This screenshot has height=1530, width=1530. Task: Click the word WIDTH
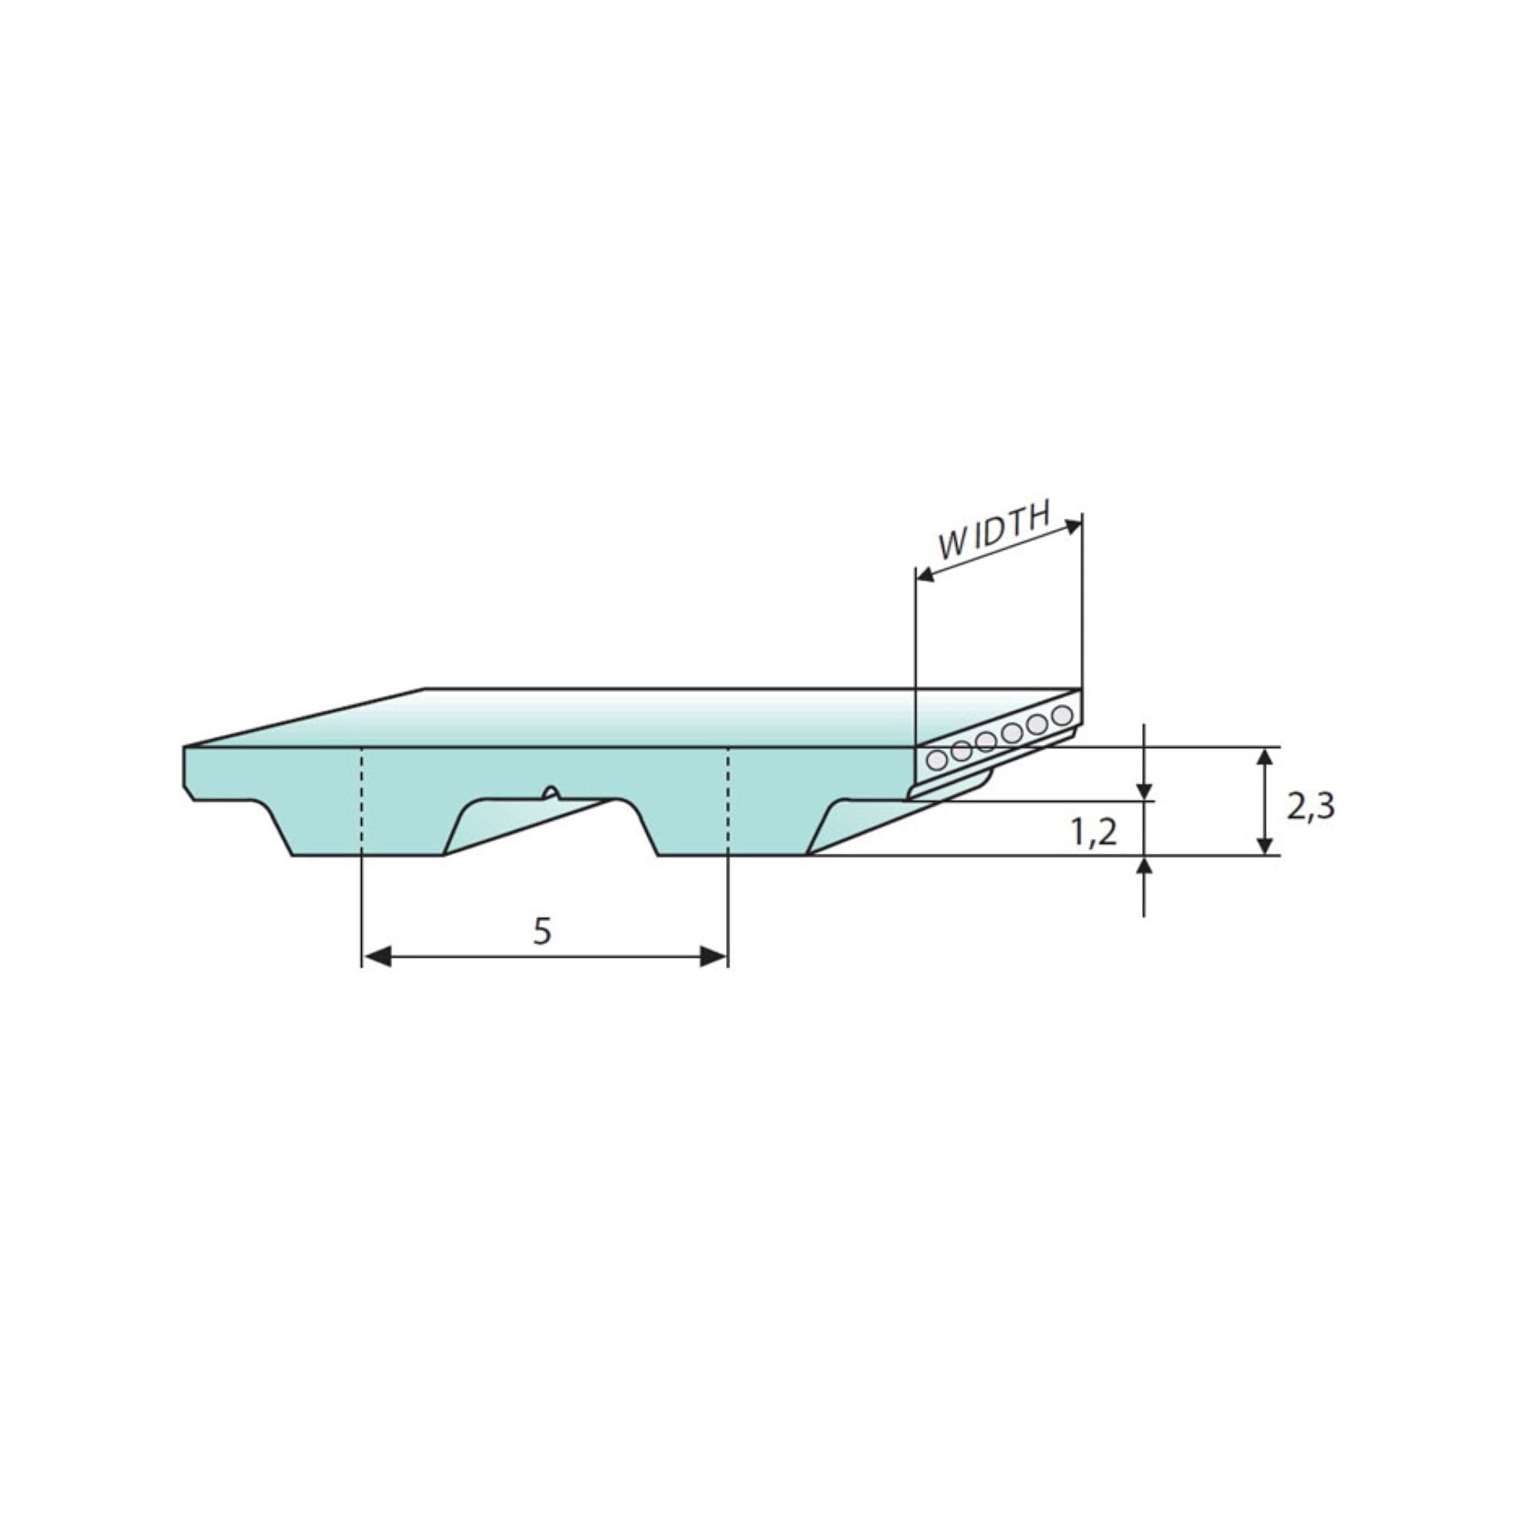click(994, 530)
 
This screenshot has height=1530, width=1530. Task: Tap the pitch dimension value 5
click(542, 932)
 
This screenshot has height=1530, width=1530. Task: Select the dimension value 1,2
click(1094, 833)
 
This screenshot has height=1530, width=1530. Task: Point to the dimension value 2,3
click(1310, 807)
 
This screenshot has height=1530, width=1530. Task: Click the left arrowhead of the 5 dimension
click(377, 957)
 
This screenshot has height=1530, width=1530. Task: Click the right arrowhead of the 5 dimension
click(714, 957)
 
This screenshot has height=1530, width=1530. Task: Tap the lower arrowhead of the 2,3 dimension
click(1265, 843)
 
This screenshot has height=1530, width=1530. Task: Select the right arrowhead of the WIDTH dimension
click(1073, 526)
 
